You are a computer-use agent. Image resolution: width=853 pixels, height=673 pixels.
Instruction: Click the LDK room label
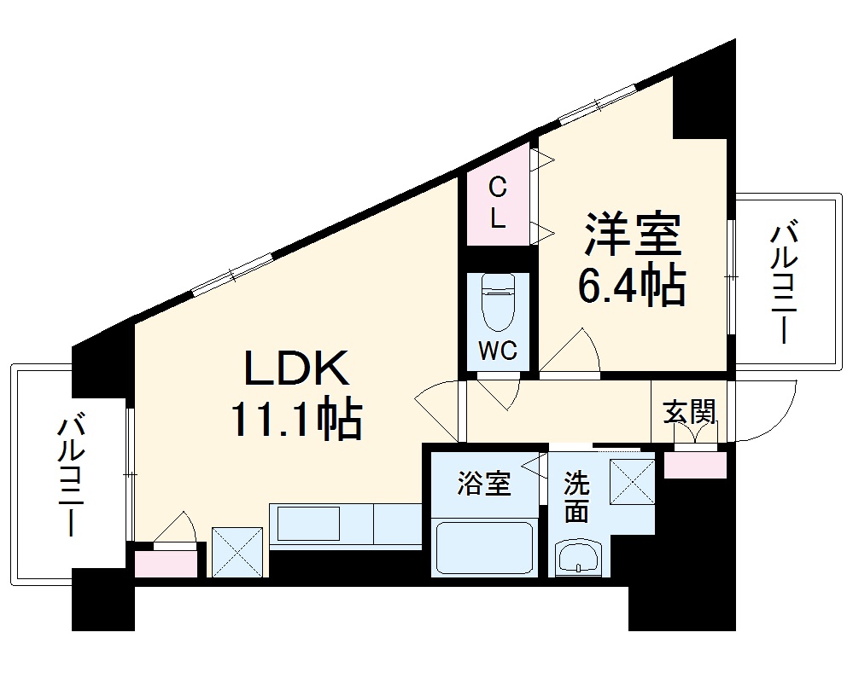coord(298,368)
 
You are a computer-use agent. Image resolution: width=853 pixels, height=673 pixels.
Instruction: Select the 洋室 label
coord(632,234)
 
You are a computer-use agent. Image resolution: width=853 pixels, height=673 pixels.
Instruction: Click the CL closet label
coord(497,202)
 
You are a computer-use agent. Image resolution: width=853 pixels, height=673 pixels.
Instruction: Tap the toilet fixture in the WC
coord(498,302)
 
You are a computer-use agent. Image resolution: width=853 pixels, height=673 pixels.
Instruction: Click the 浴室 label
coord(484,484)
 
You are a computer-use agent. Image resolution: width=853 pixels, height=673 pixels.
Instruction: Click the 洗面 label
coord(577,497)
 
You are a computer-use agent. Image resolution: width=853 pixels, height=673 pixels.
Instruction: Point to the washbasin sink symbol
coord(580,559)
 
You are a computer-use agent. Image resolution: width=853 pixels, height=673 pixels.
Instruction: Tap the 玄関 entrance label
coord(689,412)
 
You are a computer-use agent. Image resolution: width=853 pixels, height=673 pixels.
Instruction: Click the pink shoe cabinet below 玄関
coord(695,466)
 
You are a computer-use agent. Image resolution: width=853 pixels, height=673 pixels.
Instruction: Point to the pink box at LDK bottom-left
coord(166,563)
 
